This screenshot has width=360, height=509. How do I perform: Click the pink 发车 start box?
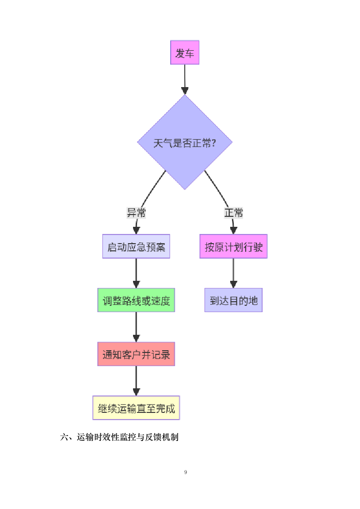point(184,53)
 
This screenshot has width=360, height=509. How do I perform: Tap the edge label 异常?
point(136,212)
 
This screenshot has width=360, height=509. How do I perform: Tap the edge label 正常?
point(233,212)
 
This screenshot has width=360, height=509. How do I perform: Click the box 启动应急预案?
point(136,247)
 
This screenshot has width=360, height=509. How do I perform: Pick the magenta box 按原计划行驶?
point(233,247)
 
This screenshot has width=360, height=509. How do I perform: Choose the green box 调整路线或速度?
point(136,300)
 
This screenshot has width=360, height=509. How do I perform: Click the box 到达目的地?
point(233,300)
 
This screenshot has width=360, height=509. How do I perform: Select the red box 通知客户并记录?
point(136,354)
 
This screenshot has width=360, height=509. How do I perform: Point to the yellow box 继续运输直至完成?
point(136,408)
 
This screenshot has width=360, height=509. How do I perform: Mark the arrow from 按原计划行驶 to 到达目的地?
point(233,272)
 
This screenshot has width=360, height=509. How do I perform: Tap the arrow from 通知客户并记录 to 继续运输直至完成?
point(136,380)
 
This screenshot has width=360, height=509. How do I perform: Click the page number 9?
point(186,472)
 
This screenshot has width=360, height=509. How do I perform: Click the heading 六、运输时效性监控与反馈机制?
point(119,437)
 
